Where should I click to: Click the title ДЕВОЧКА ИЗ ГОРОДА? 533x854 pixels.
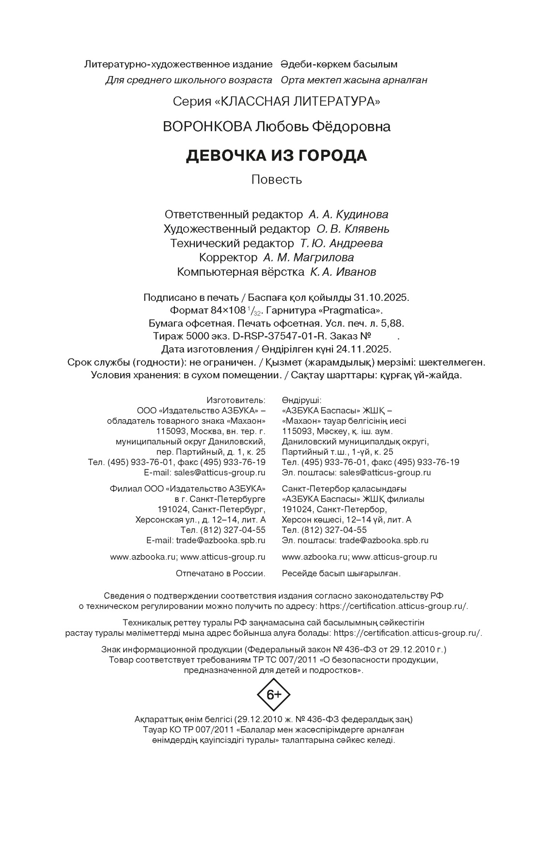[x=277, y=155]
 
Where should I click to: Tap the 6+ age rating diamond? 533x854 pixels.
[x=273, y=695]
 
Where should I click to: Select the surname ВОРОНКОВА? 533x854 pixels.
[x=207, y=127]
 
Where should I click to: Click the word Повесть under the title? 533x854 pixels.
[x=277, y=180]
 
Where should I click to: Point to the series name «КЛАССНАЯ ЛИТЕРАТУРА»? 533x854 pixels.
[x=297, y=102]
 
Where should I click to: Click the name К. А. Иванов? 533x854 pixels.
[x=343, y=272]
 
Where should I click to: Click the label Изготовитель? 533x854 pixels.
[x=236, y=400]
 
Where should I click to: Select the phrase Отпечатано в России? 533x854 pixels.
[x=220, y=574]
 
